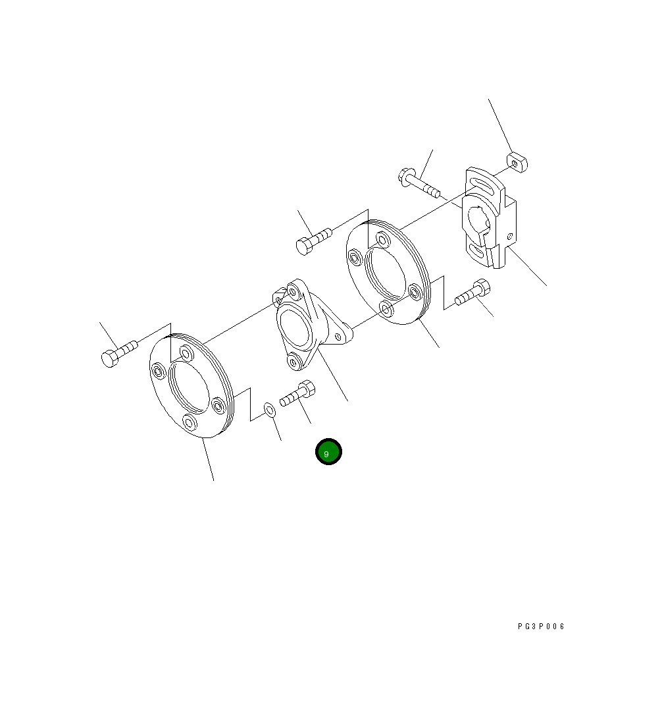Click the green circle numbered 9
point(328,451)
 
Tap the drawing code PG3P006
point(541,627)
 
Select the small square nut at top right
point(517,163)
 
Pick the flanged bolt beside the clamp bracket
point(419,183)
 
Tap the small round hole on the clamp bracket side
point(510,236)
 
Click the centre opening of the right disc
point(386,273)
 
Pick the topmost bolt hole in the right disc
point(383,239)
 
